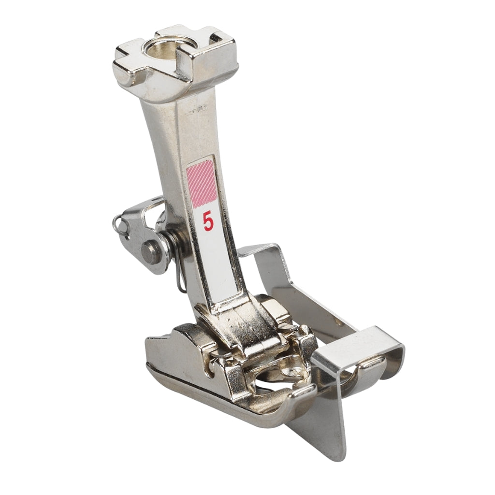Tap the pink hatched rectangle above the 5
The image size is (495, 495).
[x=202, y=185]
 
